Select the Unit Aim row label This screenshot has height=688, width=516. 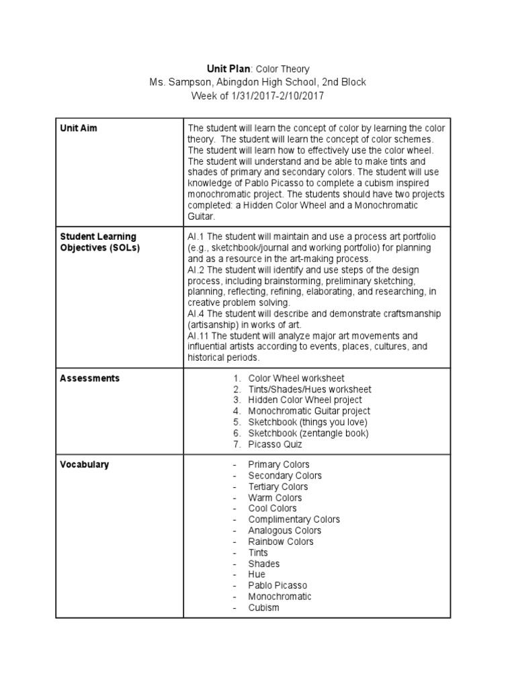point(79,128)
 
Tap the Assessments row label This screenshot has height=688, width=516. point(90,378)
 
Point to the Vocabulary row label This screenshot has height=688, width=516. point(85,464)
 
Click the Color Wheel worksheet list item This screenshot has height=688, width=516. point(296,378)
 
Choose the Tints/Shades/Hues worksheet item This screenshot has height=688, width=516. point(310,389)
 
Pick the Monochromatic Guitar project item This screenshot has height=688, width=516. point(309,411)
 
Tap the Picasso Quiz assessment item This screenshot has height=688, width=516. point(275,444)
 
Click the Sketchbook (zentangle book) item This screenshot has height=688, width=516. point(308,433)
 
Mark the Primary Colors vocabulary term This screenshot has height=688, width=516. point(279,464)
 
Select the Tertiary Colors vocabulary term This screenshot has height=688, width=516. point(278,486)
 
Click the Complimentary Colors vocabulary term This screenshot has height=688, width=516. point(294,519)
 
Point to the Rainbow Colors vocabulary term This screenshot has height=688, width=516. point(281,542)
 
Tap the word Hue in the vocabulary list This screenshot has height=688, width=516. point(257,574)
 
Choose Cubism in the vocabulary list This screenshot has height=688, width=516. point(263,607)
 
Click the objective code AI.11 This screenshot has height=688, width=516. point(198,335)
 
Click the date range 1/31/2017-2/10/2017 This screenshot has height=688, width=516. point(277,96)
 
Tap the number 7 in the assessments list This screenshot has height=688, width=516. point(236,444)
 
